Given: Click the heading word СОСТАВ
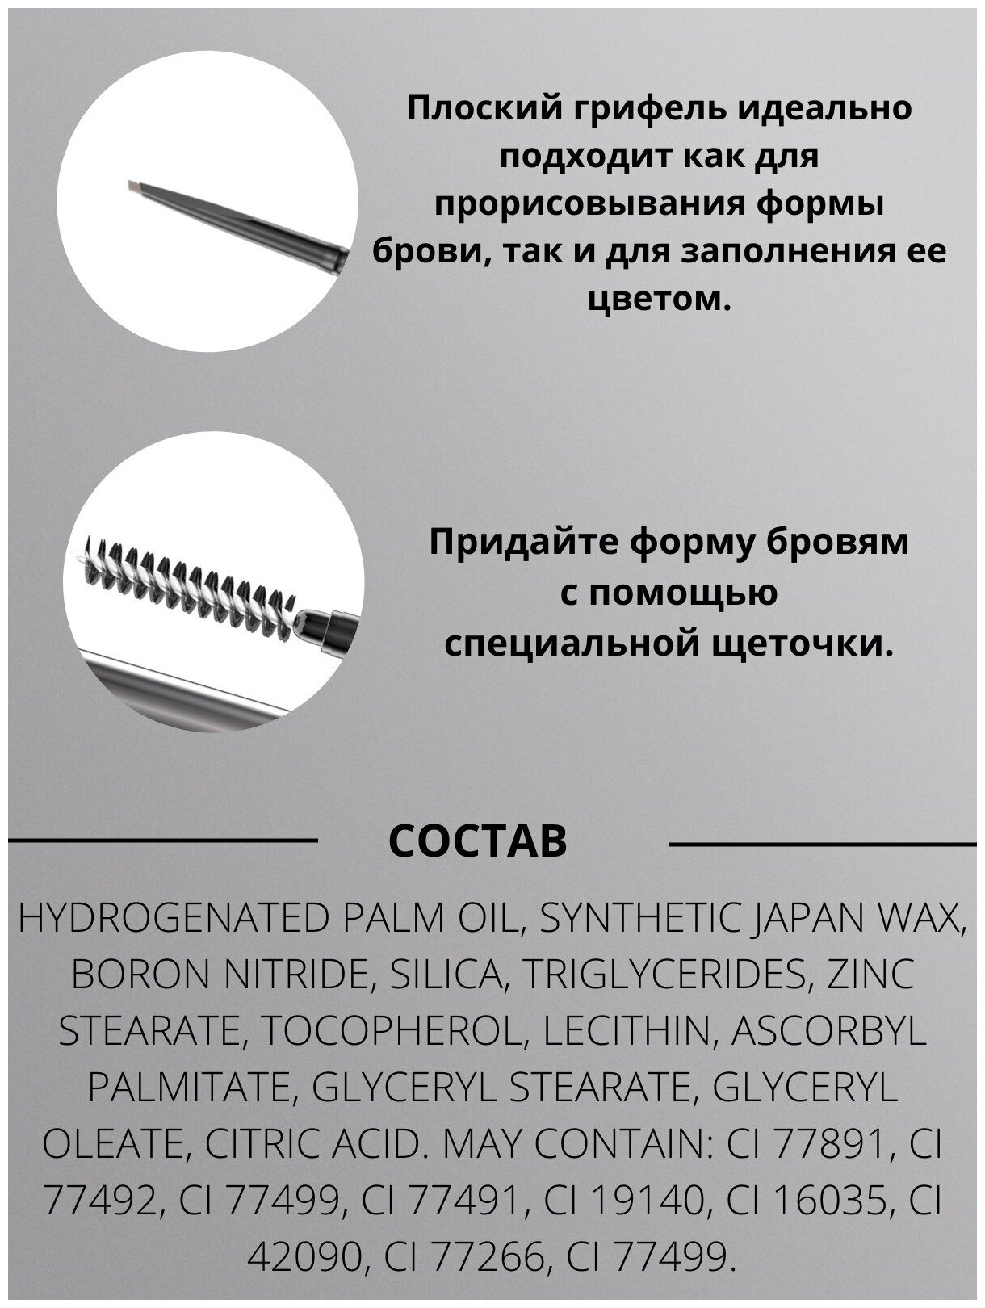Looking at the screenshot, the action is point(477,842).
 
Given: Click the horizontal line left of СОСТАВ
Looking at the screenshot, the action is point(162,841).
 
